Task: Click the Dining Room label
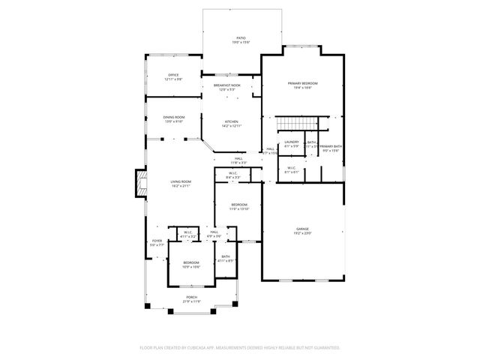pos(174,118)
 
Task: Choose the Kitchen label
pos(231,124)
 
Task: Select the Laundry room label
pos(292,143)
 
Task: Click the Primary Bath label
pos(331,148)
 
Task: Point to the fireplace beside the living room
pos(139,183)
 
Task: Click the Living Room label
pos(180,183)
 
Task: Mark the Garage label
pos(302,230)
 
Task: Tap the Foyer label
pos(156,242)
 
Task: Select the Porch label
pos(192,299)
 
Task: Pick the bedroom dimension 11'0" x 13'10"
pos(238,209)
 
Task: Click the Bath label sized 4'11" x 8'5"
pos(226,259)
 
